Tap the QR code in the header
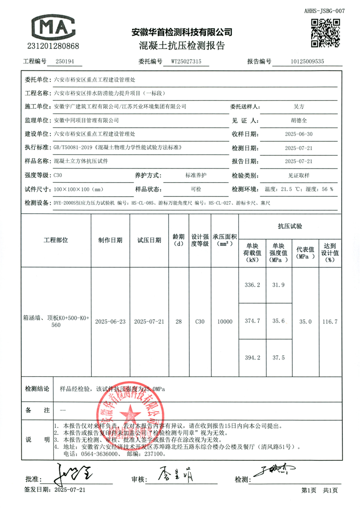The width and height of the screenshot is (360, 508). click(325, 32)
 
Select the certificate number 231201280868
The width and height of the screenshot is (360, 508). click(54, 46)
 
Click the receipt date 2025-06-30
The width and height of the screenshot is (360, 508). click(298, 134)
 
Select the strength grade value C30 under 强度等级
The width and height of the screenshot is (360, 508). click(58, 175)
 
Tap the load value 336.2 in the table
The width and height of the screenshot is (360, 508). click(252, 285)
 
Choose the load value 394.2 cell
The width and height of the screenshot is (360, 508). click(252, 358)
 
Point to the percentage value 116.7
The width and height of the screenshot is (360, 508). click(330, 321)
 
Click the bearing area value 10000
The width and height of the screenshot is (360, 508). click(225, 321)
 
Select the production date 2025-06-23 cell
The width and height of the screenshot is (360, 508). click(110, 321)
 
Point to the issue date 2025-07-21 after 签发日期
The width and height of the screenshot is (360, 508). click(69, 490)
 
